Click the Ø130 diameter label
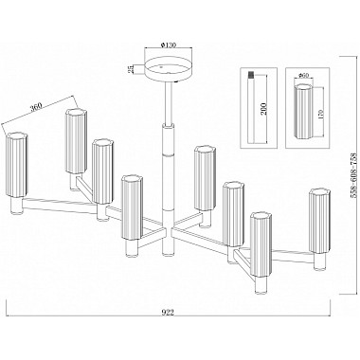168,45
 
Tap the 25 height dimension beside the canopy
130,69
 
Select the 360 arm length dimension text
37,108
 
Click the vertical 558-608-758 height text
355,172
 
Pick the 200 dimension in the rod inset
264,109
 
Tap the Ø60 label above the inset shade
303,75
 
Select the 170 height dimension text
320,112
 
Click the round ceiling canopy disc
168,69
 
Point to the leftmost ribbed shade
17,165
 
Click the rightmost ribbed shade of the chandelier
319,220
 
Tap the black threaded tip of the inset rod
251,75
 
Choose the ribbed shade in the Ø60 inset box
304,111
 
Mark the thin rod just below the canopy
169,102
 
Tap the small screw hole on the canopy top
161,67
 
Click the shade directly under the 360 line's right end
76,141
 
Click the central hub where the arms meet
168,230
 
